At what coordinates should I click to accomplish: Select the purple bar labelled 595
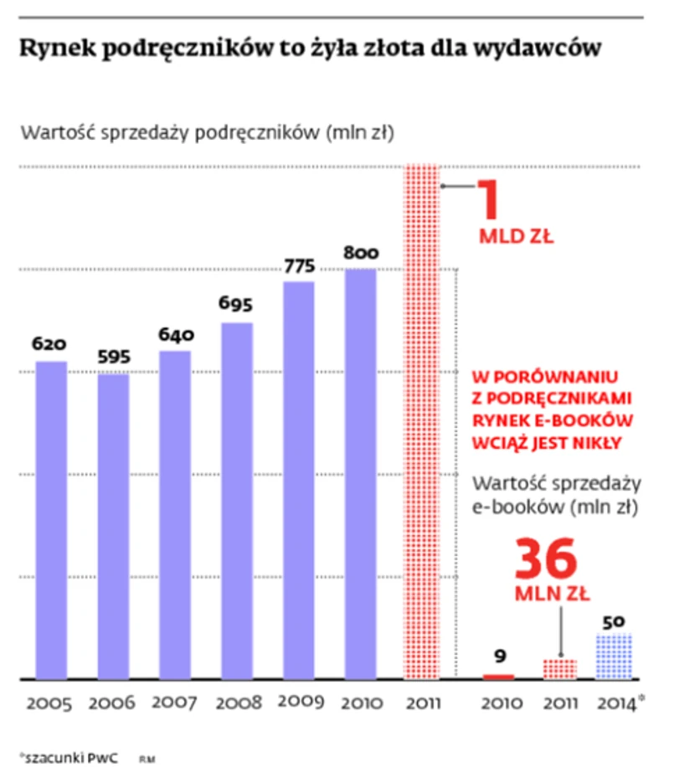tap(113, 526)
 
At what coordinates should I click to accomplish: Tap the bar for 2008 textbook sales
tap(237, 500)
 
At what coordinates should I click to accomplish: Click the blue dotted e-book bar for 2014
tap(615, 656)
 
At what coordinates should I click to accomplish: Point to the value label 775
tap(299, 267)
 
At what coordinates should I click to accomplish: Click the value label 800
tap(360, 253)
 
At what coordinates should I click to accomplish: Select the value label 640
tap(176, 335)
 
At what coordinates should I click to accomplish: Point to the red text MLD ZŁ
tap(516, 237)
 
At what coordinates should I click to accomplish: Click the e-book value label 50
tap(615, 623)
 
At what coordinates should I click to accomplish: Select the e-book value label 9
tap(498, 656)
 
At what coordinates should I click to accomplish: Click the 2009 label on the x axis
tap(299, 702)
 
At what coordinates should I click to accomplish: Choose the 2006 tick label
tap(113, 703)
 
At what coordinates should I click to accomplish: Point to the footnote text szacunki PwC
tap(69, 758)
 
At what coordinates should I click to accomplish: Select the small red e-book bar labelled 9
tap(498, 676)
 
